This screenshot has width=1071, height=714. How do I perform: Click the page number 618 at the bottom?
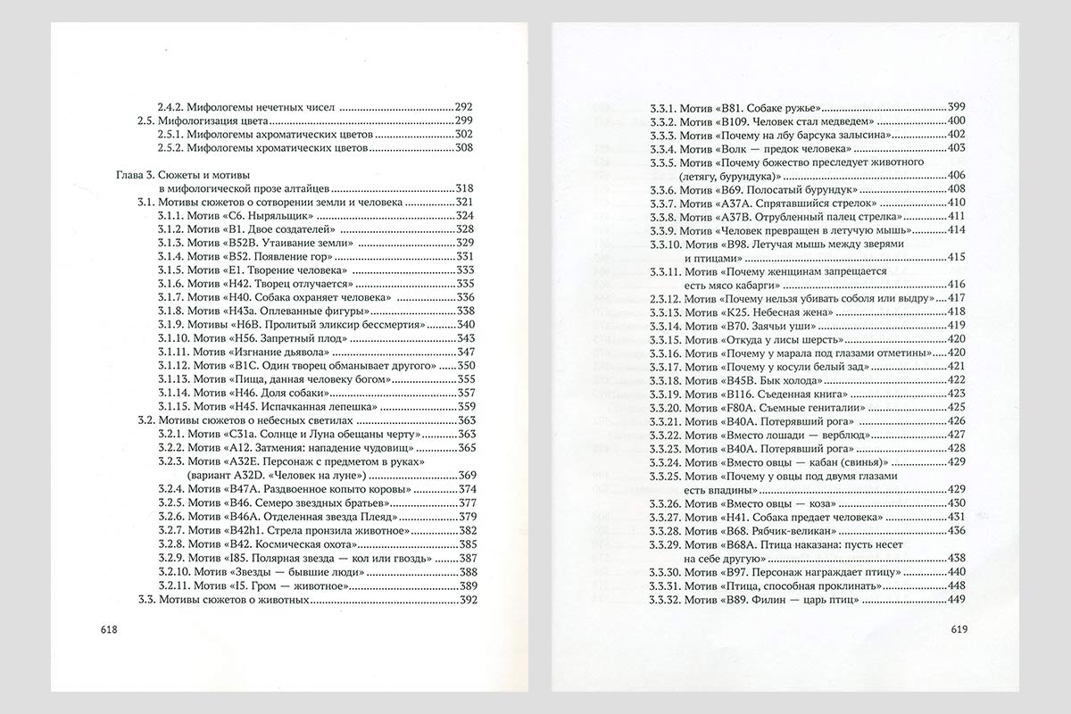click(x=111, y=630)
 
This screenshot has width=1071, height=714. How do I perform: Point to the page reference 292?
click(x=463, y=105)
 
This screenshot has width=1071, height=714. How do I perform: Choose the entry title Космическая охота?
click(x=272, y=544)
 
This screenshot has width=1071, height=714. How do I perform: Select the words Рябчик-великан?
click(x=792, y=531)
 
